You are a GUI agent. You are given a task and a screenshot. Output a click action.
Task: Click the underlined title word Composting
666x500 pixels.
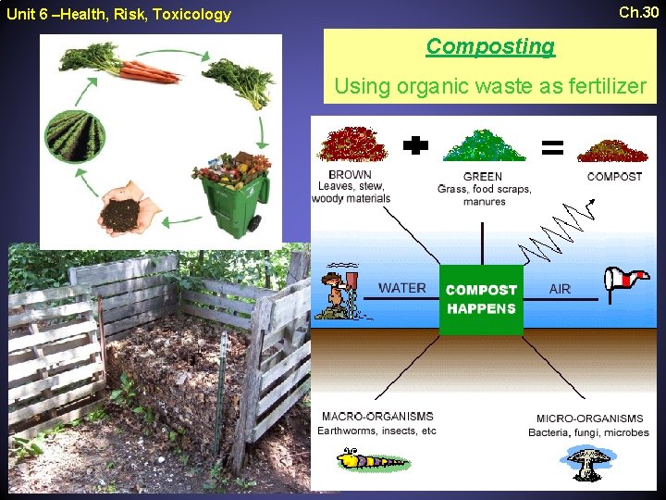490,46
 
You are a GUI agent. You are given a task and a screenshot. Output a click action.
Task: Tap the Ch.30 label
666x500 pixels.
638,12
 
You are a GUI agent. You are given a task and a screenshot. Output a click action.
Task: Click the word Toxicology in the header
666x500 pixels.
191,14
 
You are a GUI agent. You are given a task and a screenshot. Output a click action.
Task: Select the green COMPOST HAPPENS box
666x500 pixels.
481,299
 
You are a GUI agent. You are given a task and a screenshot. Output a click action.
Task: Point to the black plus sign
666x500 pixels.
418,145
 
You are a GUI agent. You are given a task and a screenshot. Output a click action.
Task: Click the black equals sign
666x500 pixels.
552,146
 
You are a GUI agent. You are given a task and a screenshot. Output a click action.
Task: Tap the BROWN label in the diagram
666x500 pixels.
350,175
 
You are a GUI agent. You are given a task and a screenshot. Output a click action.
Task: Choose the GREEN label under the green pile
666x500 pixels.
483,177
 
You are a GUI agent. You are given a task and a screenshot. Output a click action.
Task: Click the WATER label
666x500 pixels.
402,288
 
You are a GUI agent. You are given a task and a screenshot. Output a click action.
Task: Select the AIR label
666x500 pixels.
560,289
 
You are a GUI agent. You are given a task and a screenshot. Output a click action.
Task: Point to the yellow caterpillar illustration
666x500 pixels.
372,459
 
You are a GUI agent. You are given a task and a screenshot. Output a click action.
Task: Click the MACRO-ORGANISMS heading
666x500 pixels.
376,417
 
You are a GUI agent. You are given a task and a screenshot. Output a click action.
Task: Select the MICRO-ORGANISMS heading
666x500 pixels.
589,419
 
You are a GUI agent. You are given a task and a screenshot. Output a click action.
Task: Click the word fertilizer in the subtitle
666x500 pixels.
602,87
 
